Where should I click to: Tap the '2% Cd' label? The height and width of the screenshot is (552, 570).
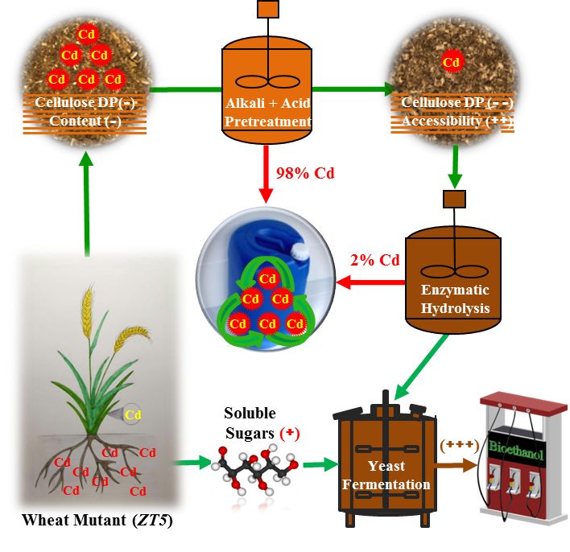(x=374, y=261)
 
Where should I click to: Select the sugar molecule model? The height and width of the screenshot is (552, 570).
(x=258, y=471)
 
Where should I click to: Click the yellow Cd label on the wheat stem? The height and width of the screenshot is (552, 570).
(x=133, y=415)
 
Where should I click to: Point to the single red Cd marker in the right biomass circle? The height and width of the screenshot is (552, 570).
(x=452, y=61)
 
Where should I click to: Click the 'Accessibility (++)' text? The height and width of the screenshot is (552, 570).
(x=456, y=121)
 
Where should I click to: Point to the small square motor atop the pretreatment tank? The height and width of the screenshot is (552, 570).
(x=267, y=10)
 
